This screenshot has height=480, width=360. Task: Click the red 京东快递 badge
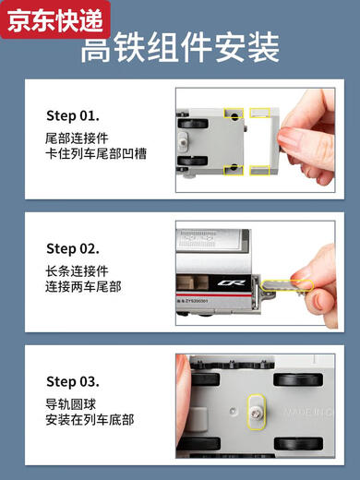tap(54, 19)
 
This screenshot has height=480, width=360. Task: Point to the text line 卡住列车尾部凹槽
tap(96, 154)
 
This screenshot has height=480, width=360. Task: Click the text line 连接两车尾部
tap(83, 287)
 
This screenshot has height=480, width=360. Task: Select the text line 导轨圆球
tap(70, 402)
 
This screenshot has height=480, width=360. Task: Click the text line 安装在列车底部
tap(90, 419)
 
